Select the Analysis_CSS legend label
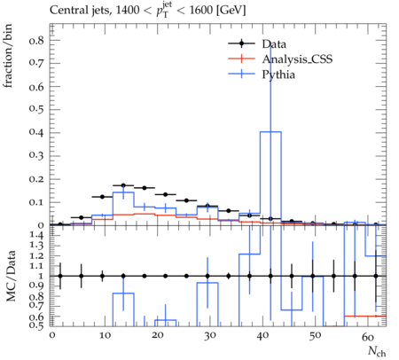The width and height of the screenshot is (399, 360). pyautogui.click(x=297, y=59)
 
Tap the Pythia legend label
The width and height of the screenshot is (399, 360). pyautogui.click(x=278, y=74)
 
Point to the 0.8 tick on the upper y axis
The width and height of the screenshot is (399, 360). pyautogui.click(x=36, y=40)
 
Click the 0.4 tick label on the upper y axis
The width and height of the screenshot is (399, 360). pyautogui.click(x=36, y=132)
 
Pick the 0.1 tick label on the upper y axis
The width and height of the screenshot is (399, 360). pyautogui.click(x=36, y=202)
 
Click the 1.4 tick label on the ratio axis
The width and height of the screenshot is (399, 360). pyautogui.click(x=37, y=236)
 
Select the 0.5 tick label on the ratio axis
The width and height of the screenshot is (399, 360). pyautogui.click(x=37, y=325)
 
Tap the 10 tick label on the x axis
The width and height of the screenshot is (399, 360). pyautogui.click(x=105, y=336)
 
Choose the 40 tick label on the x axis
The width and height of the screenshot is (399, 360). pyautogui.click(x=262, y=336)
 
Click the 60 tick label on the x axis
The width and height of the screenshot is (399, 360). pyautogui.click(x=368, y=336)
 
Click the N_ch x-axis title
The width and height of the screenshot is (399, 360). pyautogui.click(x=377, y=351)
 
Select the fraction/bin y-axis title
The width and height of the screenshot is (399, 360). pyautogui.click(x=7, y=56)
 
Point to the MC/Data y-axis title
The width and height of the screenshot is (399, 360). pyautogui.click(x=11, y=276)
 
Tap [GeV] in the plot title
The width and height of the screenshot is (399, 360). pyautogui.click(x=231, y=11)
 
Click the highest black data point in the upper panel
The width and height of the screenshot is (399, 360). pyautogui.click(x=123, y=185)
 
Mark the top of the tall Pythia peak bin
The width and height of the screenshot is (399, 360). pyautogui.click(x=270, y=132)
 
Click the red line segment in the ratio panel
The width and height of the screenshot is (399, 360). pyautogui.click(x=365, y=316)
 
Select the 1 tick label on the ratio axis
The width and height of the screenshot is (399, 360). pyautogui.click(x=41, y=276)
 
